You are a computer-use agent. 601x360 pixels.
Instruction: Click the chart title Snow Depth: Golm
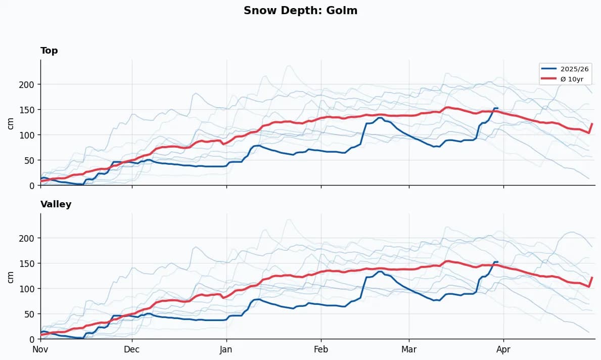(x=300, y=11)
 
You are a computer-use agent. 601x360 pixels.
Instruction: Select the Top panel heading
(x=49, y=51)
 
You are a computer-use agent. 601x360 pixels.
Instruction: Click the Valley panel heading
(x=56, y=204)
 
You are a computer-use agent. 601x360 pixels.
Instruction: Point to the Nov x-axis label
(x=40, y=349)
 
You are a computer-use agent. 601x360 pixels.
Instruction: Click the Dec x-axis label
(x=132, y=349)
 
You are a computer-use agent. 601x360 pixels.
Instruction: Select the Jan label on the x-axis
(x=226, y=349)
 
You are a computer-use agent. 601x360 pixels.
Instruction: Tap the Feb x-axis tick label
(x=321, y=349)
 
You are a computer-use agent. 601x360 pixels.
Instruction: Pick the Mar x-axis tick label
(x=409, y=349)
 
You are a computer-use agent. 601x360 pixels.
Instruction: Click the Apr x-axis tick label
(x=503, y=349)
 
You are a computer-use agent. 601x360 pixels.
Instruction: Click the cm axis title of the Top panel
(x=11, y=123)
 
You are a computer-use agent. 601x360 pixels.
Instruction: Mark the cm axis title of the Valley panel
(x=11, y=277)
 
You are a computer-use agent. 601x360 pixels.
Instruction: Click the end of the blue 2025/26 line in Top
(x=497, y=108)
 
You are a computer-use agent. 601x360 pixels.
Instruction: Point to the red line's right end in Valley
(x=592, y=278)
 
